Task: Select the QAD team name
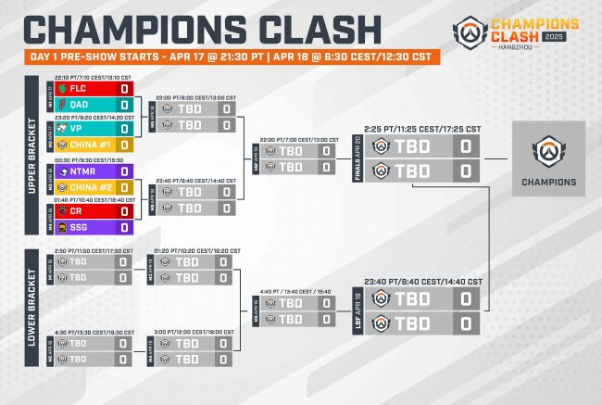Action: point(81,104)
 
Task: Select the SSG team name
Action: point(81,226)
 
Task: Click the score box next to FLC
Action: point(123,89)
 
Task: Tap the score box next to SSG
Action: point(123,226)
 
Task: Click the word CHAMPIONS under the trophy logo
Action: point(546,182)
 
